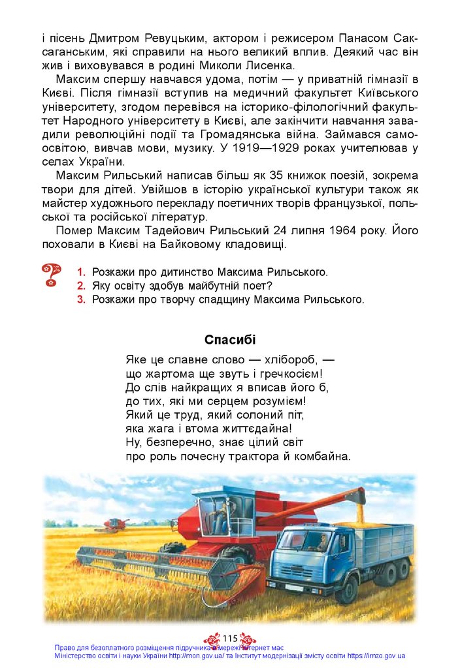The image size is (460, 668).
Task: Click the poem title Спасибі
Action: pos(230,340)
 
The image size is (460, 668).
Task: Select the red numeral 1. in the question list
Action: pos(82,271)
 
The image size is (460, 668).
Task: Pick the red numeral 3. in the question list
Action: pos(82,300)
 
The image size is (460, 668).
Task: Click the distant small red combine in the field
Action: pos(114,523)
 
